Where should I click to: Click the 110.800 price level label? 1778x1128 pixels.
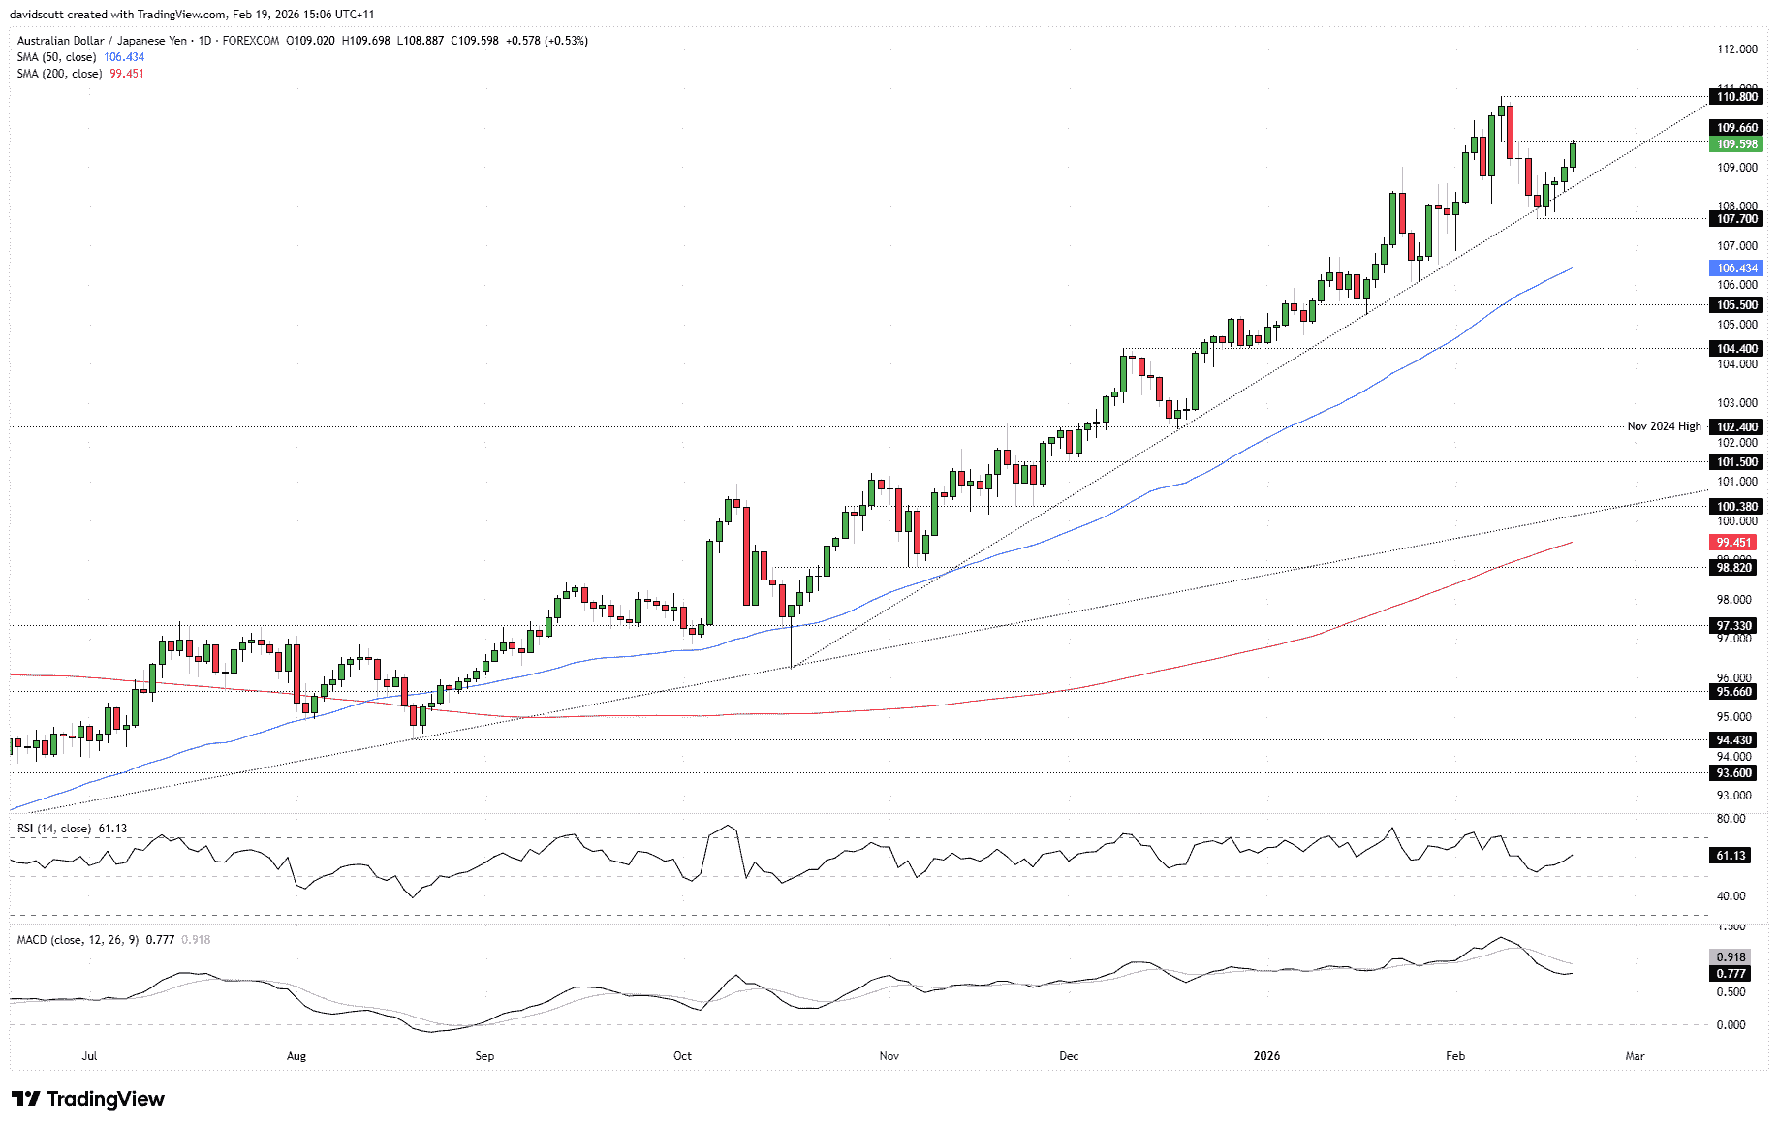tap(1736, 97)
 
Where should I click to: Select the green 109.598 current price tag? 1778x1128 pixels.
tap(1736, 144)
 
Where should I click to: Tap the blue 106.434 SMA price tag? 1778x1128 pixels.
tap(1736, 268)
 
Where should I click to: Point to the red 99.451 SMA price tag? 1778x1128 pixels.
tap(1734, 543)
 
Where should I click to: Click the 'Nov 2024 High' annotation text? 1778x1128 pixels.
tap(1664, 426)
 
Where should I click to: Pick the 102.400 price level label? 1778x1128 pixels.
tap(1736, 427)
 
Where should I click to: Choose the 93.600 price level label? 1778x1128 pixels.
tap(1734, 773)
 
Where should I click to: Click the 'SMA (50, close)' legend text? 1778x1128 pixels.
tap(56, 57)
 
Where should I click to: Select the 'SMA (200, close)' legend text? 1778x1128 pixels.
tap(59, 74)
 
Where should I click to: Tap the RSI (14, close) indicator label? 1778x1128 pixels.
tap(54, 829)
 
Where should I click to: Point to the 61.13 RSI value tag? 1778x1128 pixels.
tap(1731, 856)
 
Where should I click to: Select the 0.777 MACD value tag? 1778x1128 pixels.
tap(1731, 974)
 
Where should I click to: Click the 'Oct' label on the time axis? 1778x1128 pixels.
tap(682, 1056)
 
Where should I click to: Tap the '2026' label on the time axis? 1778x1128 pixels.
tap(1266, 1056)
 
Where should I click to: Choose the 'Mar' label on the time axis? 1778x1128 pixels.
tap(1635, 1056)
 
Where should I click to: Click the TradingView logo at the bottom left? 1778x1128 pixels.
tap(88, 1099)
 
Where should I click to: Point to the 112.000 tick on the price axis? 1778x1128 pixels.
tap(1736, 49)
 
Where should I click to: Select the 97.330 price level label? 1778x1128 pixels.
tap(1734, 626)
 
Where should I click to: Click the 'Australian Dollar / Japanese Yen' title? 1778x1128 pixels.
tap(102, 41)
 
